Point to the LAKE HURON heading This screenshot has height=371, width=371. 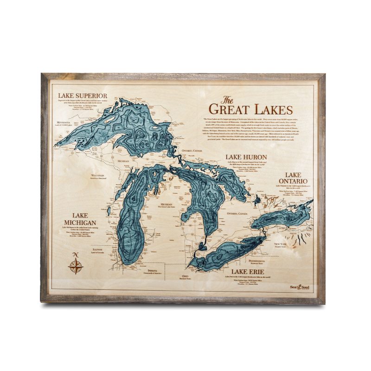pos(244,157)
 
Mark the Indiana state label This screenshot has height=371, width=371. pos(152,270)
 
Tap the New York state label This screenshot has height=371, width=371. pos(281,244)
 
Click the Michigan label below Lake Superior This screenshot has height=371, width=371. pos(123,161)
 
